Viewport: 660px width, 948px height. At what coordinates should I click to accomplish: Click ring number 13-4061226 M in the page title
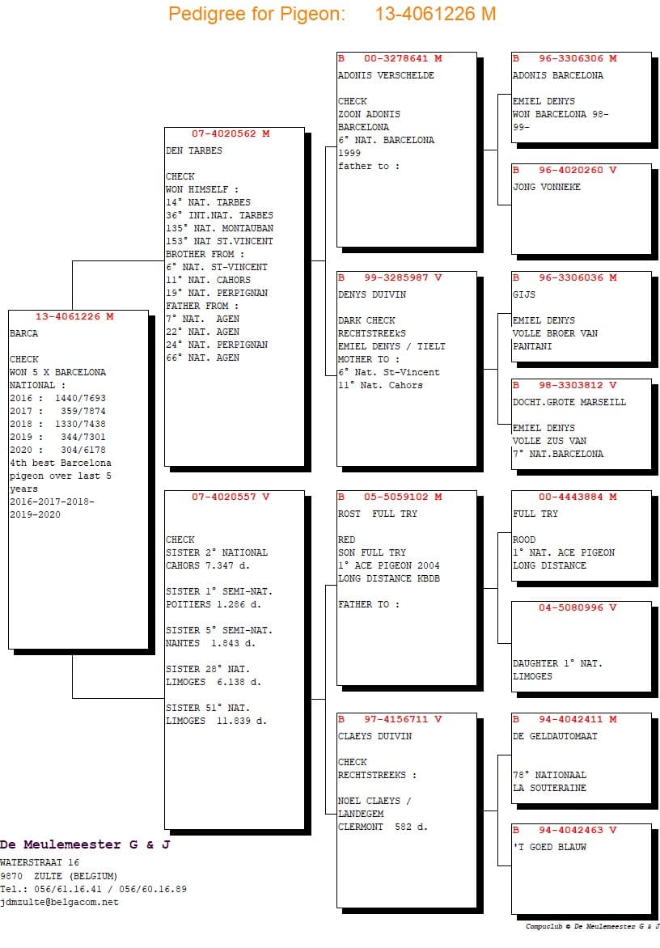435,14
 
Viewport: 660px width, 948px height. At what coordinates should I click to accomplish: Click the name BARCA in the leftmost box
24,333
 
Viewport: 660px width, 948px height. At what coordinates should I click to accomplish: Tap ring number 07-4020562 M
231,133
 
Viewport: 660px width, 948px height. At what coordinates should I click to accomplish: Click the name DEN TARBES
194,150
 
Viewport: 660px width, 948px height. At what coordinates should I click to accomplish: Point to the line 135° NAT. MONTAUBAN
219,228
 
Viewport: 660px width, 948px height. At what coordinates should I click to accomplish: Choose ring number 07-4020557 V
231,497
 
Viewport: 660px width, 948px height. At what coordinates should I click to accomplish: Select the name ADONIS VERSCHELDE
386,75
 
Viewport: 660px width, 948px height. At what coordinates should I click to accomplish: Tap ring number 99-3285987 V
403,277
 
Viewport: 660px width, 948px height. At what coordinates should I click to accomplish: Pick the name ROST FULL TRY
378,514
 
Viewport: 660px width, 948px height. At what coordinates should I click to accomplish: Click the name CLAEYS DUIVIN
374,736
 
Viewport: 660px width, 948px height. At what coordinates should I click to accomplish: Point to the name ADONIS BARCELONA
557,75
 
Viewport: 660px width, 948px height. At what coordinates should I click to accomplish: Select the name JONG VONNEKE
546,187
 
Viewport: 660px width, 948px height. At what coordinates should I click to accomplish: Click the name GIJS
524,294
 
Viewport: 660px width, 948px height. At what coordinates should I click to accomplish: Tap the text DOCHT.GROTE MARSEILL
569,402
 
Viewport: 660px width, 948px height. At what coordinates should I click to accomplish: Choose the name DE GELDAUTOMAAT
555,736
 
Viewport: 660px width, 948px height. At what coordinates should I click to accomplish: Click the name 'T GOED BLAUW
549,847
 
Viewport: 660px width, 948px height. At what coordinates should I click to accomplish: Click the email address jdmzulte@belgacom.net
59,902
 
